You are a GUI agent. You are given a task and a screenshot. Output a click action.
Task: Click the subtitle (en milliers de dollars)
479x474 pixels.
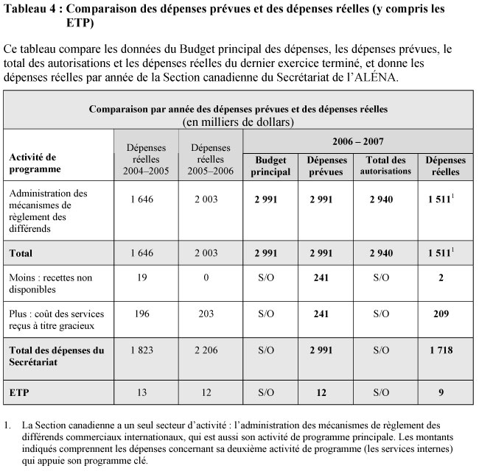[238, 120]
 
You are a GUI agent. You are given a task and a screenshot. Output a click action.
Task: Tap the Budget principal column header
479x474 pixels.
[270, 166]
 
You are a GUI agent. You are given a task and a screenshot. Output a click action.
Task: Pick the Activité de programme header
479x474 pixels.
[35, 163]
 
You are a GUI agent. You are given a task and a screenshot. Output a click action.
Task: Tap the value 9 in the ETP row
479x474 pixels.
[441, 392]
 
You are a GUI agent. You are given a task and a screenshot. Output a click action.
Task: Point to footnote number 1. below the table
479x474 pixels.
[8, 425]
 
